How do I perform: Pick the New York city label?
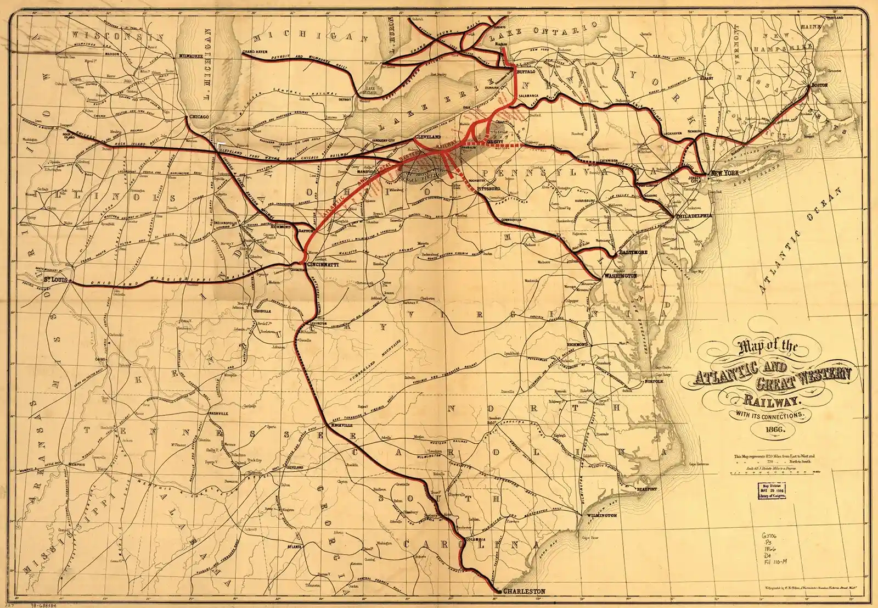(x=724, y=174)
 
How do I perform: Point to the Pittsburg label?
(x=490, y=188)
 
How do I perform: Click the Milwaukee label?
(x=187, y=56)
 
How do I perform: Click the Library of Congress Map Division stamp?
(x=773, y=490)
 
